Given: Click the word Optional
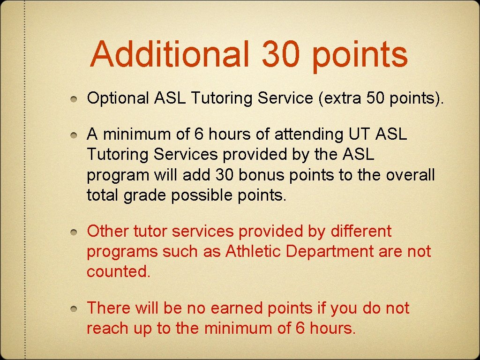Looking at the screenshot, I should click(118, 98).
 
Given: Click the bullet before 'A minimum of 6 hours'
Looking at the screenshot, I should click(75, 135).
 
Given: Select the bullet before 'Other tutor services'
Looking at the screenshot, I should click(75, 232).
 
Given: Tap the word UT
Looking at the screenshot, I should click(359, 135).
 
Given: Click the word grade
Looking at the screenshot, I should click(145, 195).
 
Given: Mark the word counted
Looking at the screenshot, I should click(119, 272).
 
